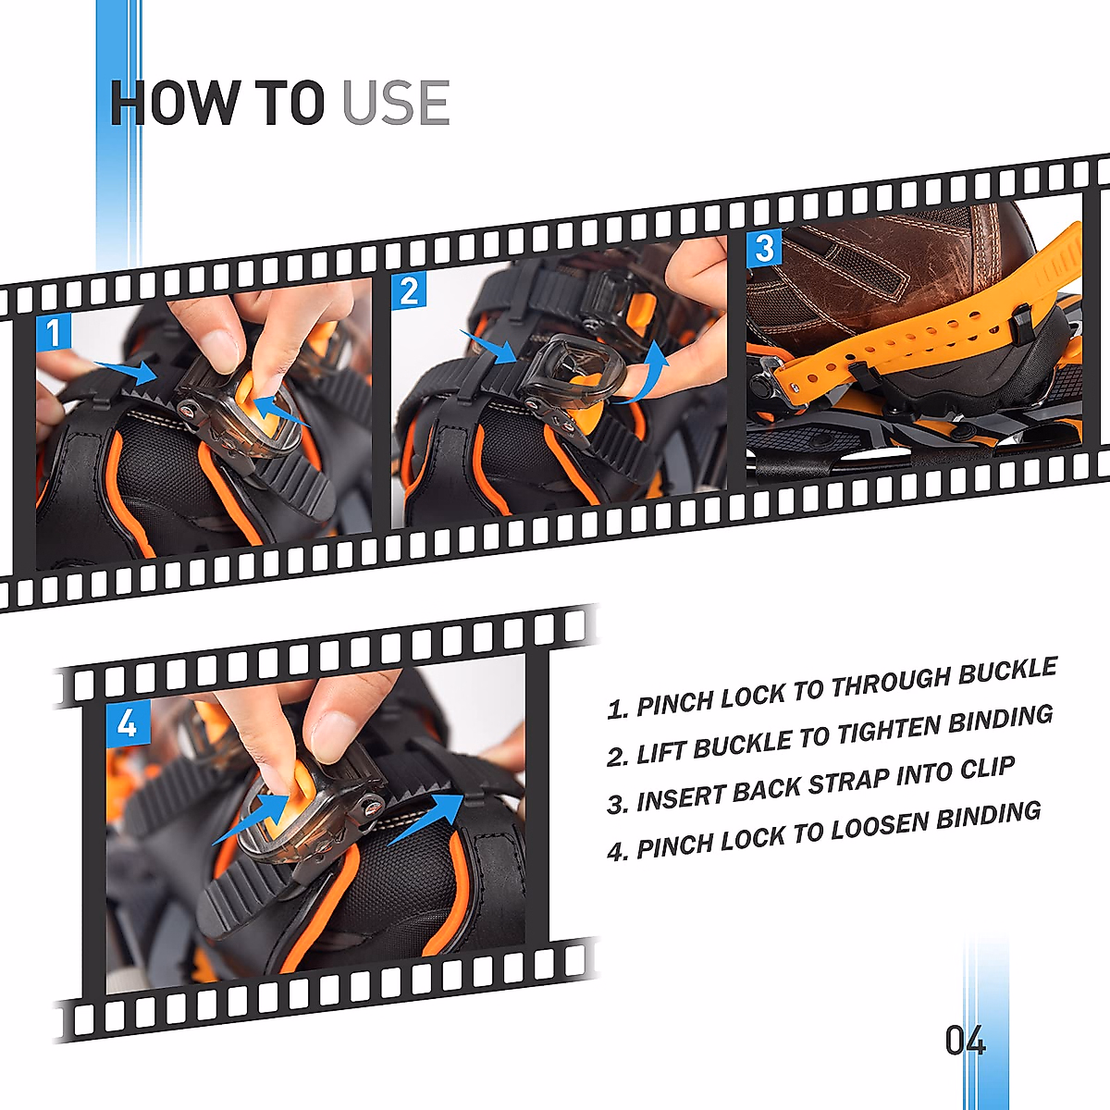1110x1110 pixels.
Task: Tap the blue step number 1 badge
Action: click(x=55, y=332)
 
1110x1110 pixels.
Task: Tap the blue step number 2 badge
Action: click(x=409, y=291)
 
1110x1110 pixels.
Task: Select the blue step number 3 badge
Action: click(x=764, y=248)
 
